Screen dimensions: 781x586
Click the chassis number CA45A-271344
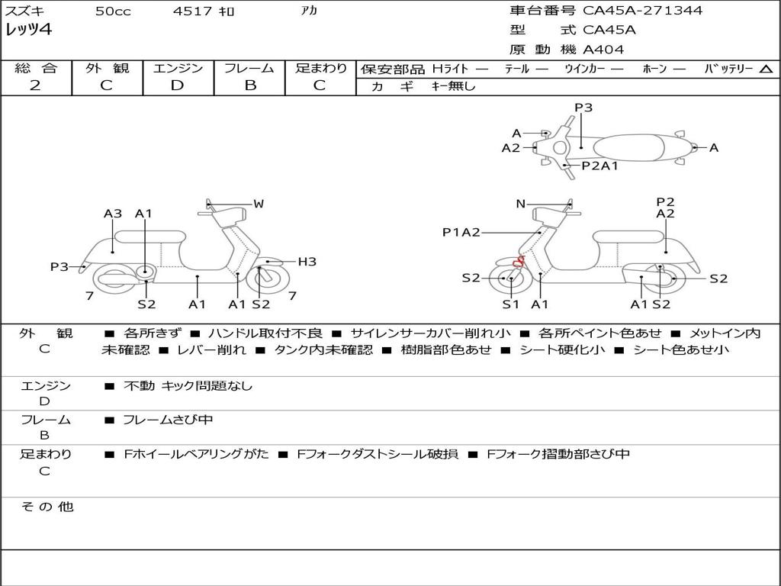click(x=642, y=11)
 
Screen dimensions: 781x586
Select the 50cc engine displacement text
click(x=113, y=11)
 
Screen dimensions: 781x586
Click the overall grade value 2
click(x=35, y=85)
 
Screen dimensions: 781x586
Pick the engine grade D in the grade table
click(x=178, y=85)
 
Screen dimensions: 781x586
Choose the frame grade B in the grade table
click(x=249, y=85)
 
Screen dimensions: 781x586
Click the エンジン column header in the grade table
click(x=178, y=69)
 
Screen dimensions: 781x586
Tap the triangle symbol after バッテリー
click(x=766, y=69)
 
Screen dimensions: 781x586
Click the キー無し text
click(x=453, y=86)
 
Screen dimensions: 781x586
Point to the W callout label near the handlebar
click(x=259, y=204)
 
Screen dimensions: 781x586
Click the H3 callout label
click(x=307, y=262)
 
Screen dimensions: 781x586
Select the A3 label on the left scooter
click(x=113, y=214)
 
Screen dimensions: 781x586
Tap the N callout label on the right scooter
click(x=520, y=204)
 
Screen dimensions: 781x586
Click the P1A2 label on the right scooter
click(x=461, y=232)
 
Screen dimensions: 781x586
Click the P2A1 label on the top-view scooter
click(x=599, y=166)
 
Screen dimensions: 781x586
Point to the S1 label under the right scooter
click(x=510, y=304)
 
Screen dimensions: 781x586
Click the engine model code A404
click(x=603, y=50)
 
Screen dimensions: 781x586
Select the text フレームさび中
click(x=168, y=420)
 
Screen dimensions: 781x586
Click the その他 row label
click(x=46, y=507)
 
